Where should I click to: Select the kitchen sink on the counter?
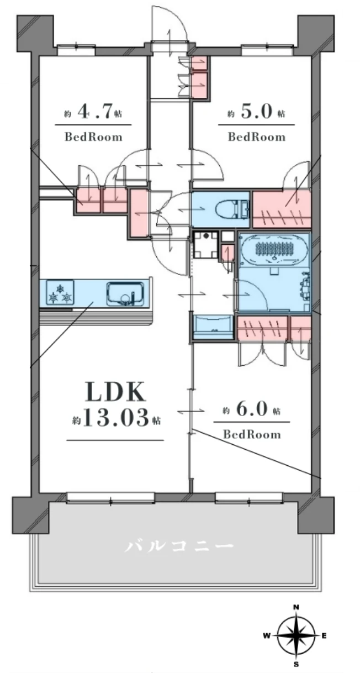pyautogui.click(x=125, y=293)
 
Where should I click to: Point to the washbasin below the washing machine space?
pyautogui.click(x=213, y=327)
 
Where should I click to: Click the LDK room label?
pyautogui.click(x=115, y=392)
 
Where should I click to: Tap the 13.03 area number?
pyautogui.click(x=115, y=418)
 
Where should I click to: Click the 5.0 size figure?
pyautogui.click(x=256, y=111)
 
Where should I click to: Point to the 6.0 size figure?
pyautogui.click(x=252, y=409)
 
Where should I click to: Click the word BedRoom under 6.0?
pyautogui.click(x=252, y=434)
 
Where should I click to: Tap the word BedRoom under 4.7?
pyautogui.click(x=94, y=137)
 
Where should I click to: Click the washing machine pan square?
pyautogui.click(x=205, y=245)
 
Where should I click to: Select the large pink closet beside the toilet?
pyautogui.click(x=282, y=209)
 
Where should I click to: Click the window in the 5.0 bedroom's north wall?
pyautogui.click(x=268, y=50)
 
